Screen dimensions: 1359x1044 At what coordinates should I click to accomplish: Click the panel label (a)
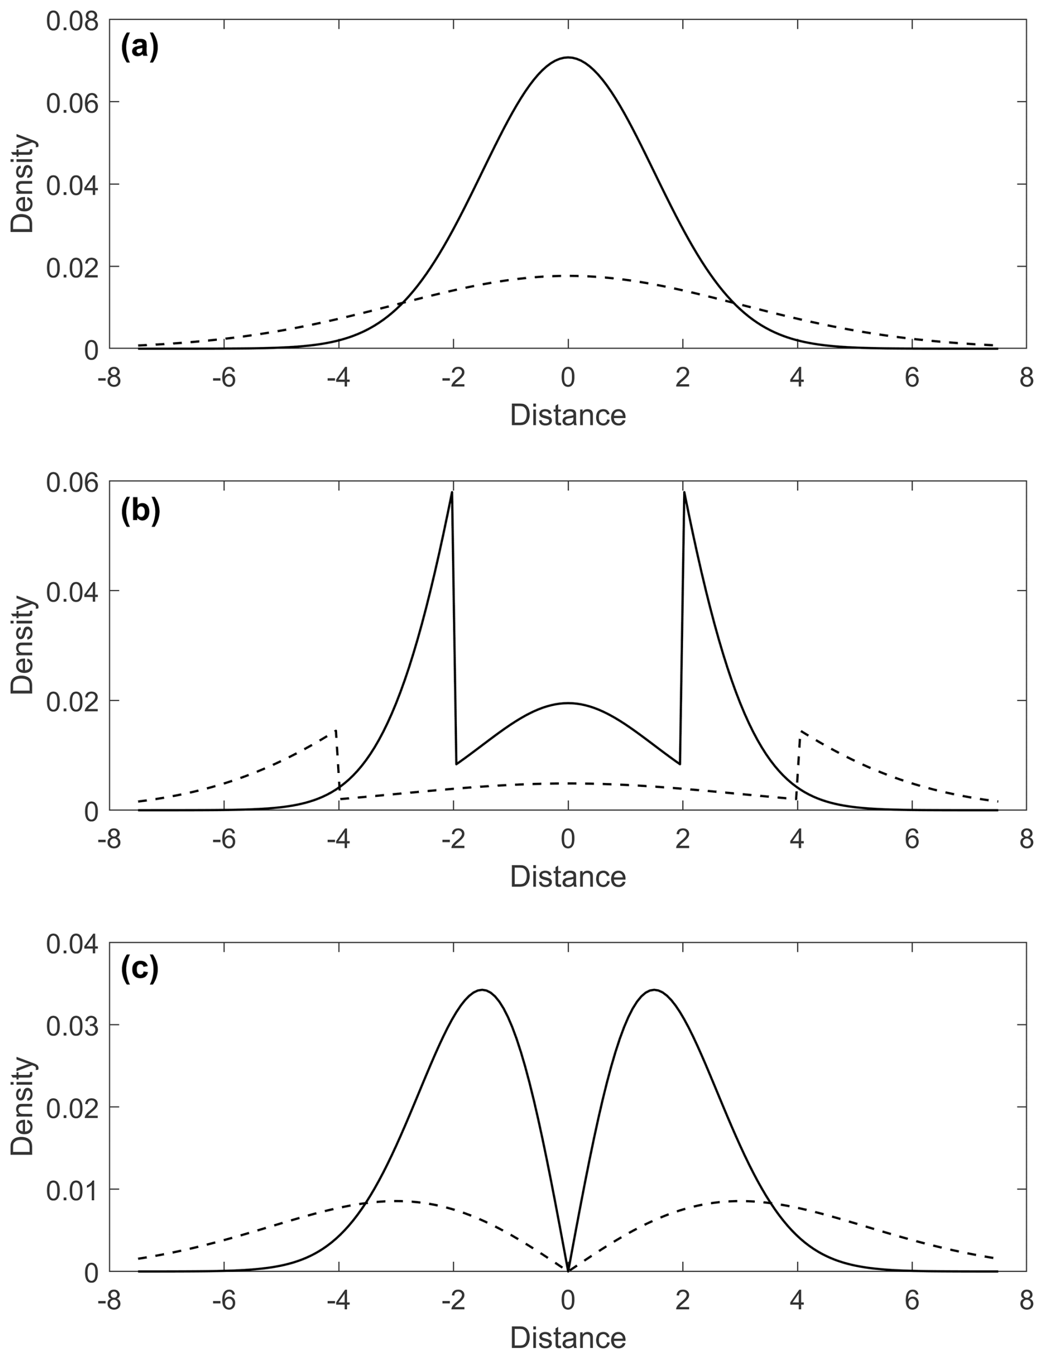click(x=140, y=47)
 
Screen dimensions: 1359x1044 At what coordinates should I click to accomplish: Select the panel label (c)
click(x=140, y=968)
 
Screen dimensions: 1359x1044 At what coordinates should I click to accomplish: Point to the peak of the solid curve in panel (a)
click(x=568, y=58)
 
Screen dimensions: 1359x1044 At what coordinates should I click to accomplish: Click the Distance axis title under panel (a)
click(x=567, y=415)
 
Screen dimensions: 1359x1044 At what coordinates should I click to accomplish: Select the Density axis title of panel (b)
click(x=23, y=644)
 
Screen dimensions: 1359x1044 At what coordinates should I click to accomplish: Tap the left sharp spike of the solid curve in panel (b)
click(x=452, y=493)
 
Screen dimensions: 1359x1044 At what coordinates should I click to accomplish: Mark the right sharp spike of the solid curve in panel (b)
click(x=684, y=493)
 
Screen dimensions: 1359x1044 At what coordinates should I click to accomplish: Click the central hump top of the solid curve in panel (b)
click(x=568, y=703)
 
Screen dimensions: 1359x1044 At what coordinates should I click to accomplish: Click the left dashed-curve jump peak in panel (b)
click(x=335, y=731)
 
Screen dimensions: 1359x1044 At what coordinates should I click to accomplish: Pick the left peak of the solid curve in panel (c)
click(x=482, y=990)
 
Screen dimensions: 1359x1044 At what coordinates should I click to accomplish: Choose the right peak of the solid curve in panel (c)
click(x=654, y=990)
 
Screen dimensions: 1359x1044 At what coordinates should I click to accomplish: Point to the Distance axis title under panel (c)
click(x=567, y=1338)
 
